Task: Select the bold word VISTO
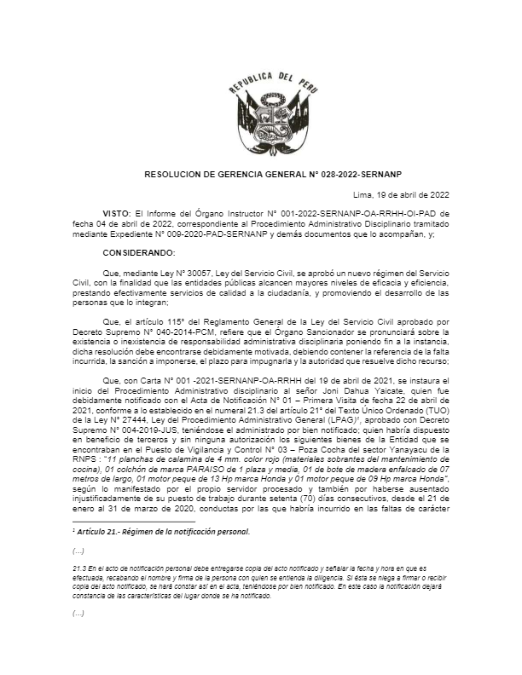point(117,211)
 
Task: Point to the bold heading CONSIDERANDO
point(138,252)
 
